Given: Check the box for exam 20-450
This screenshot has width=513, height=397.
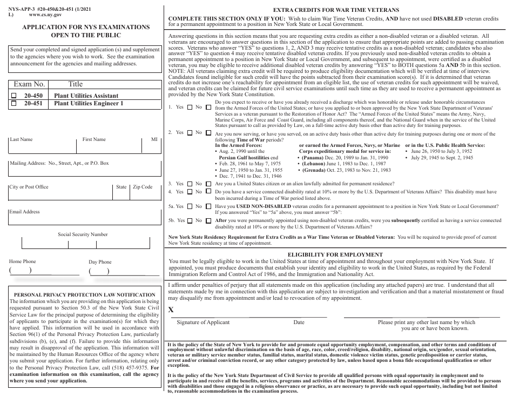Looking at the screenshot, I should (15, 96).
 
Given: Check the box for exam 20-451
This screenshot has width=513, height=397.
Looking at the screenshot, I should (15, 103).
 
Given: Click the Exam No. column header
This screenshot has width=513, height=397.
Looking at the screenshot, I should (29, 84).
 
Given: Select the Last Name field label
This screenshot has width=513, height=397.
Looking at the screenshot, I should (21, 139).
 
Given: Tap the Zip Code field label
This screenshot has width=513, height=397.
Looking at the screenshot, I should (143, 187).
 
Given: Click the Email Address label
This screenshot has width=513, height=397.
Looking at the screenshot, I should (24, 212).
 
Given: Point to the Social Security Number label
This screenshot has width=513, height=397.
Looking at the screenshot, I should (83, 234).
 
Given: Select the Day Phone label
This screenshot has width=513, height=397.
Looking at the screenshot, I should (100, 262).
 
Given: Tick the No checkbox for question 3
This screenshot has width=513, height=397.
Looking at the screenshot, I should (208, 184).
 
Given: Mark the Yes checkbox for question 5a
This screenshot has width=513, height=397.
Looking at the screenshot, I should (188, 206).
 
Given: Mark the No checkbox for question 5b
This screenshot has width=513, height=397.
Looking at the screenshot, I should (208, 220).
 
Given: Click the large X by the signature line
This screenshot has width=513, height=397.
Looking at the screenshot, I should (172, 309).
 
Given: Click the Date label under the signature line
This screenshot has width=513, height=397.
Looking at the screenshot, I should (299, 322).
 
